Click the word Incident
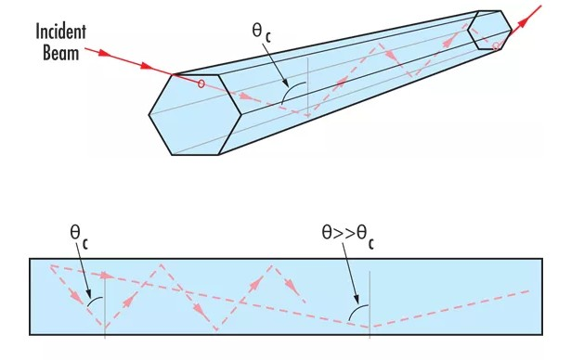pyautogui.click(x=60, y=32)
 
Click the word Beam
pyautogui.click(x=60, y=53)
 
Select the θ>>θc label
pyautogui.click(x=348, y=237)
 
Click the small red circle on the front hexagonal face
pyautogui.click(x=201, y=84)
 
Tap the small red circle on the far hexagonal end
pyautogui.click(x=496, y=45)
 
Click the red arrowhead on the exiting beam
pyautogui.click(x=524, y=22)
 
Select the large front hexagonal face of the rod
pyautogui.click(x=195, y=115)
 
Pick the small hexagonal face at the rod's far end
pyautogui.click(x=490, y=30)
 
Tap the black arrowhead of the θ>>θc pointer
pyautogui.click(x=356, y=300)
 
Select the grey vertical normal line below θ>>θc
pyautogui.click(x=370, y=304)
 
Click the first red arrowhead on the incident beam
pyautogui.click(x=106, y=54)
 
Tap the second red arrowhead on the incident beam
pyautogui.click(x=147, y=67)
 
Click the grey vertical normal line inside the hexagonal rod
pyautogui.click(x=307, y=87)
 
